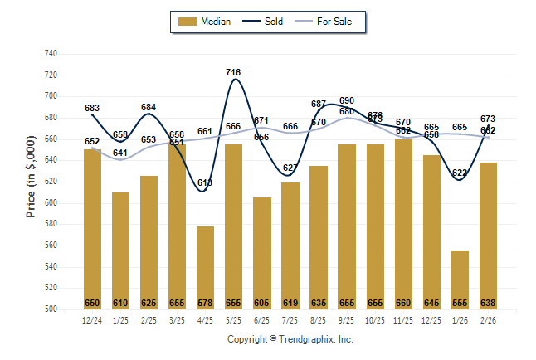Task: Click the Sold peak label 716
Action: point(234,72)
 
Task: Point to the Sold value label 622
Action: point(460,173)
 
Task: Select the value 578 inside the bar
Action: point(205,303)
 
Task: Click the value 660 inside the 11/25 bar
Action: point(403,303)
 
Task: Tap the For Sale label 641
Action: point(121,153)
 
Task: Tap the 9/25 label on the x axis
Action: point(347,319)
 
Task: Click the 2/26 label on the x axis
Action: point(488,319)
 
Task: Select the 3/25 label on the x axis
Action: point(177,319)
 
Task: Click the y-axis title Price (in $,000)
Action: point(31,182)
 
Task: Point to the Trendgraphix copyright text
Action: point(290,339)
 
